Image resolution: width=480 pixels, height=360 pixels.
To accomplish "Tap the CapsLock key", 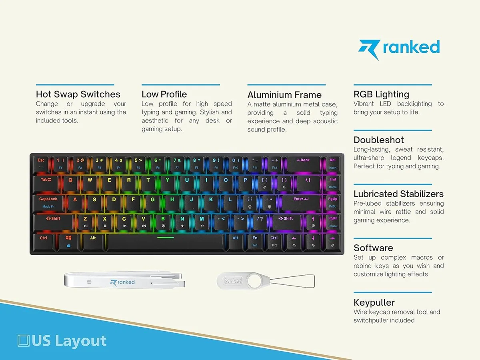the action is (48, 203).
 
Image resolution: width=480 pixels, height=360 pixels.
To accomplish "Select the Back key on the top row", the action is (303, 164).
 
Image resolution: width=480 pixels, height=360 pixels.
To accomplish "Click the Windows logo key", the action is (68, 242).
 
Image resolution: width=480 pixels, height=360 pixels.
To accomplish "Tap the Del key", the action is (333, 164).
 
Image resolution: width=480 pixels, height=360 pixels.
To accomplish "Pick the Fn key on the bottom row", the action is (255, 242).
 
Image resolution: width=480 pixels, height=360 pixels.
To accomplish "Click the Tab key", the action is (46, 183).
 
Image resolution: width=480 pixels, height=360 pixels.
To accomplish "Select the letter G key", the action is (153, 203).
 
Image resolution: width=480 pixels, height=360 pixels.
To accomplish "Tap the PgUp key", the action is (333, 203).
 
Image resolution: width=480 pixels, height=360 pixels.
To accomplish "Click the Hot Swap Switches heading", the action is (78, 94).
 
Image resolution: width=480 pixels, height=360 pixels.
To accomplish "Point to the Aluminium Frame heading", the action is (284, 95).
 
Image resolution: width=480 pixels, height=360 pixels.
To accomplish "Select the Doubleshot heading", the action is (378, 140).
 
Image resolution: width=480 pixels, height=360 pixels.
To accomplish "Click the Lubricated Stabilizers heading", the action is (398, 194).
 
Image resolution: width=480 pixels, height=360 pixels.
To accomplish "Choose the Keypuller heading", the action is (374, 302).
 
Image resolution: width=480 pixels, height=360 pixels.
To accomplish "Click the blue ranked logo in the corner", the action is (399, 49).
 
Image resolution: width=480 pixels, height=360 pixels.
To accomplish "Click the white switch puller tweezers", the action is (124, 281).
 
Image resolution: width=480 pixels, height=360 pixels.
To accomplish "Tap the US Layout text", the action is (62, 340).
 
